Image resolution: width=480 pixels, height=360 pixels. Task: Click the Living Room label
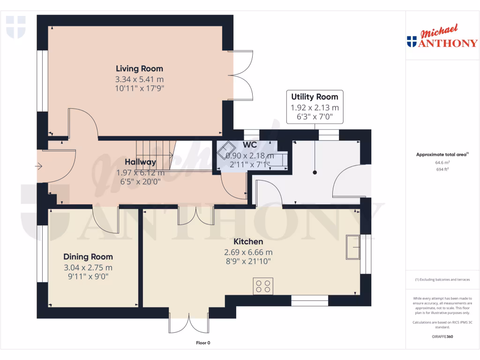pyautogui.click(x=140, y=69)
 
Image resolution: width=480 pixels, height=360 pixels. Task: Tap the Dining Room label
pyautogui.click(x=88, y=257)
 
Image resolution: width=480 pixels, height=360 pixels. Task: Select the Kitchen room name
pyautogui.click(x=248, y=242)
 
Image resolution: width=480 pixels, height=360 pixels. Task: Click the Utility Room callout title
pyautogui.click(x=315, y=97)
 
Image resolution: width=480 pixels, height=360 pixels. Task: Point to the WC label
pyautogui.click(x=249, y=145)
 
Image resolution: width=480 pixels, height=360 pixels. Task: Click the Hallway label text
pyautogui.click(x=140, y=162)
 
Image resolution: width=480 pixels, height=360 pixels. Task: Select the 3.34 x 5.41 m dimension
pyautogui.click(x=140, y=79)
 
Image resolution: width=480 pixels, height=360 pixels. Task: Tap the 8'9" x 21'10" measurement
pyautogui.click(x=248, y=262)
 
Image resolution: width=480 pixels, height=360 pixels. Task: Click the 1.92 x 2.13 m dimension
pyautogui.click(x=315, y=107)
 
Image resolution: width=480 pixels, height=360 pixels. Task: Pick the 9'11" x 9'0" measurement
pyautogui.click(x=88, y=277)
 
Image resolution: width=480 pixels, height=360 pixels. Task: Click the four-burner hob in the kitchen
pyautogui.click(x=263, y=286)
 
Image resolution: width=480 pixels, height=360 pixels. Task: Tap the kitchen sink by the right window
pyautogui.click(x=352, y=247)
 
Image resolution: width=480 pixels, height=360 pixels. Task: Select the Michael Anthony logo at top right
pyautogui.click(x=442, y=37)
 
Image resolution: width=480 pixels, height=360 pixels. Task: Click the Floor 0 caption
pyautogui.click(x=203, y=343)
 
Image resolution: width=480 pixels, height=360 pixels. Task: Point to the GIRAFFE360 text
pyautogui.click(x=442, y=337)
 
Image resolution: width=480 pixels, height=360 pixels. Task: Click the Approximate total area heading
pyautogui.click(x=442, y=154)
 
